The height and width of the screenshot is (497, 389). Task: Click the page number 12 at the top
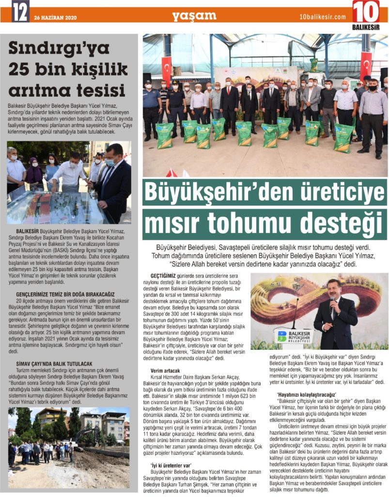(x=20, y=11)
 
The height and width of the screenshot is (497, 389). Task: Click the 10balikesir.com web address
(x=323, y=17)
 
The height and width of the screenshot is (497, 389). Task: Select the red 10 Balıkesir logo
(x=366, y=14)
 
